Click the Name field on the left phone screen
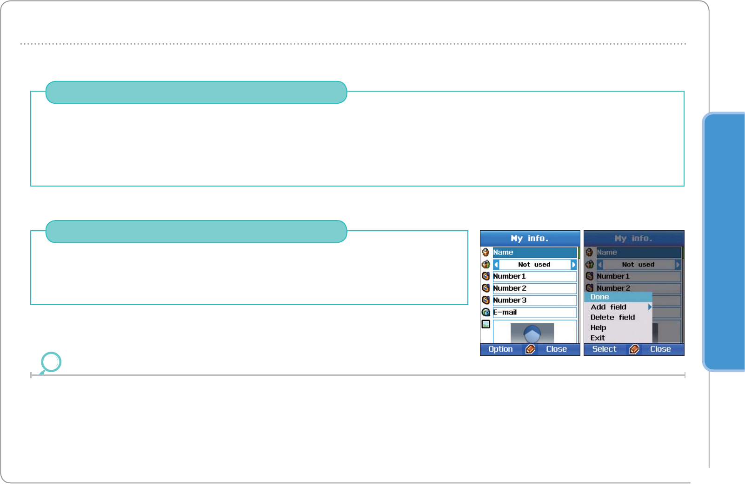534,252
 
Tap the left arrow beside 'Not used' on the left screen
496,265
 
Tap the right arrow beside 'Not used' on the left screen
573,265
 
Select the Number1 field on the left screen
534,276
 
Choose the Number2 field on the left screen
534,288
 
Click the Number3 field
534,300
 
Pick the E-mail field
534,313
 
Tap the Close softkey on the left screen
556,349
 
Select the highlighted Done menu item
618,297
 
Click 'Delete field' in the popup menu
612,317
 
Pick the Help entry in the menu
599,327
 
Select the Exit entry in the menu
598,338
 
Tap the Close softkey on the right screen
660,349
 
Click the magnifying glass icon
51,362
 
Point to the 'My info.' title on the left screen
530,238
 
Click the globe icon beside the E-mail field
486,313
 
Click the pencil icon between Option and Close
530,349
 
